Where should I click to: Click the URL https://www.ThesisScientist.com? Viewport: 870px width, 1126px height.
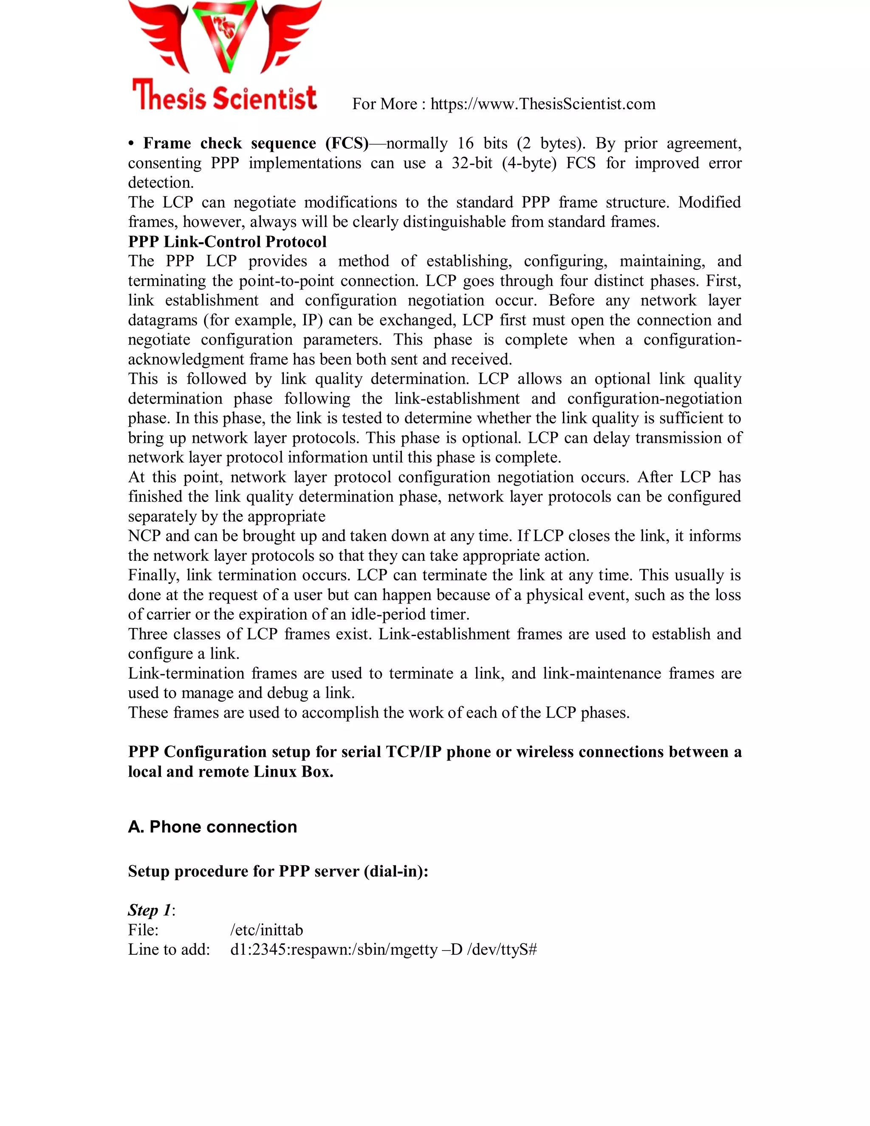[543, 104]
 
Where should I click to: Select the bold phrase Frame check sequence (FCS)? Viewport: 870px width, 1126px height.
[256, 143]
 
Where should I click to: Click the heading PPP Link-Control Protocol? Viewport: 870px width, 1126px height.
[227, 241]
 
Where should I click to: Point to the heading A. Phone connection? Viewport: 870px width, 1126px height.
[212, 827]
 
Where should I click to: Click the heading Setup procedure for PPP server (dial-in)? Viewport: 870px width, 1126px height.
[278, 871]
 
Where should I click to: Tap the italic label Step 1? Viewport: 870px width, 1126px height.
[150, 911]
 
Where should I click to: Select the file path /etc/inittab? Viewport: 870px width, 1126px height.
[266, 930]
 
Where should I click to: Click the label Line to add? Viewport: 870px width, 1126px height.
[169, 950]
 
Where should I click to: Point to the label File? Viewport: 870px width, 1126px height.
[143, 930]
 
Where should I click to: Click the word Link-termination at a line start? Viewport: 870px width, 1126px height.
[186, 673]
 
